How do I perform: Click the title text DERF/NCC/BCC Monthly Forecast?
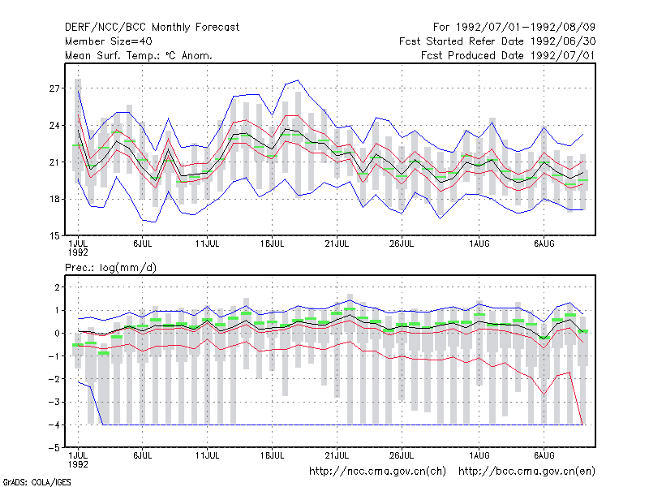(152, 28)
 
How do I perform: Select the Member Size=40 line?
(109, 41)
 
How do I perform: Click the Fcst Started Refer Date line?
(497, 41)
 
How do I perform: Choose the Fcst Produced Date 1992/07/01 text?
(509, 55)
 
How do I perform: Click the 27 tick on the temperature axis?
(54, 88)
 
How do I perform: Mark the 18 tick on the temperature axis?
(54, 199)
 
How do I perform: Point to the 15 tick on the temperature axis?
(54, 236)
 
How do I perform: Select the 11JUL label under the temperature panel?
(208, 244)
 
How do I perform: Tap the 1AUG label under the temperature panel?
(479, 244)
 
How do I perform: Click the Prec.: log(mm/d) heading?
(110, 268)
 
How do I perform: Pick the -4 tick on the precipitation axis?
(54, 425)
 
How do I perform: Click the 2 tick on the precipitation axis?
(57, 287)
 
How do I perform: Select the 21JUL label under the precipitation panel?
(337, 455)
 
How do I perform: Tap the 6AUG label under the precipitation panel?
(544, 455)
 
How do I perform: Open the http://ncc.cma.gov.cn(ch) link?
(377, 472)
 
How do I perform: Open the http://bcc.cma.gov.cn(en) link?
(527, 472)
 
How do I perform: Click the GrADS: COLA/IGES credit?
(37, 482)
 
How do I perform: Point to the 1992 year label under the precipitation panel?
(78, 464)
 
